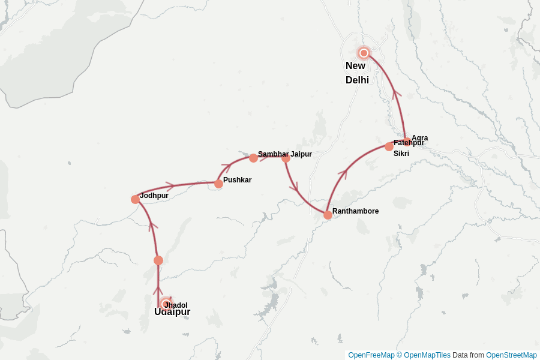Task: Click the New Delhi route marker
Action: coord(363,53)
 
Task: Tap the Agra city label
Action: coord(420,138)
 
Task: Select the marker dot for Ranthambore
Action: coord(328,215)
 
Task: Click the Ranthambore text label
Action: coord(355,211)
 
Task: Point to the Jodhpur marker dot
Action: coord(135,199)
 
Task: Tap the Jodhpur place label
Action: coord(154,196)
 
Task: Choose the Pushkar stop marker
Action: coord(218,184)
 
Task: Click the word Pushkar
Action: coord(237,180)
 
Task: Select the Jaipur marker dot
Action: coord(286,158)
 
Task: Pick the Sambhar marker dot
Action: coord(253,158)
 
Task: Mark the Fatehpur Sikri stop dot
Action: coord(389,146)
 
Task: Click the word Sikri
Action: coord(401,154)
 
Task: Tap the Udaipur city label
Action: coord(172,312)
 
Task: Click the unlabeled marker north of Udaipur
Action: coord(158,260)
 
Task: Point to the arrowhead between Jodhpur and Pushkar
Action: coord(170,186)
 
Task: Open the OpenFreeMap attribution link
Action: coord(371,355)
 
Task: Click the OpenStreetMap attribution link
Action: coord(511,355)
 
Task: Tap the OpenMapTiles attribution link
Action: coord(427,355)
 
